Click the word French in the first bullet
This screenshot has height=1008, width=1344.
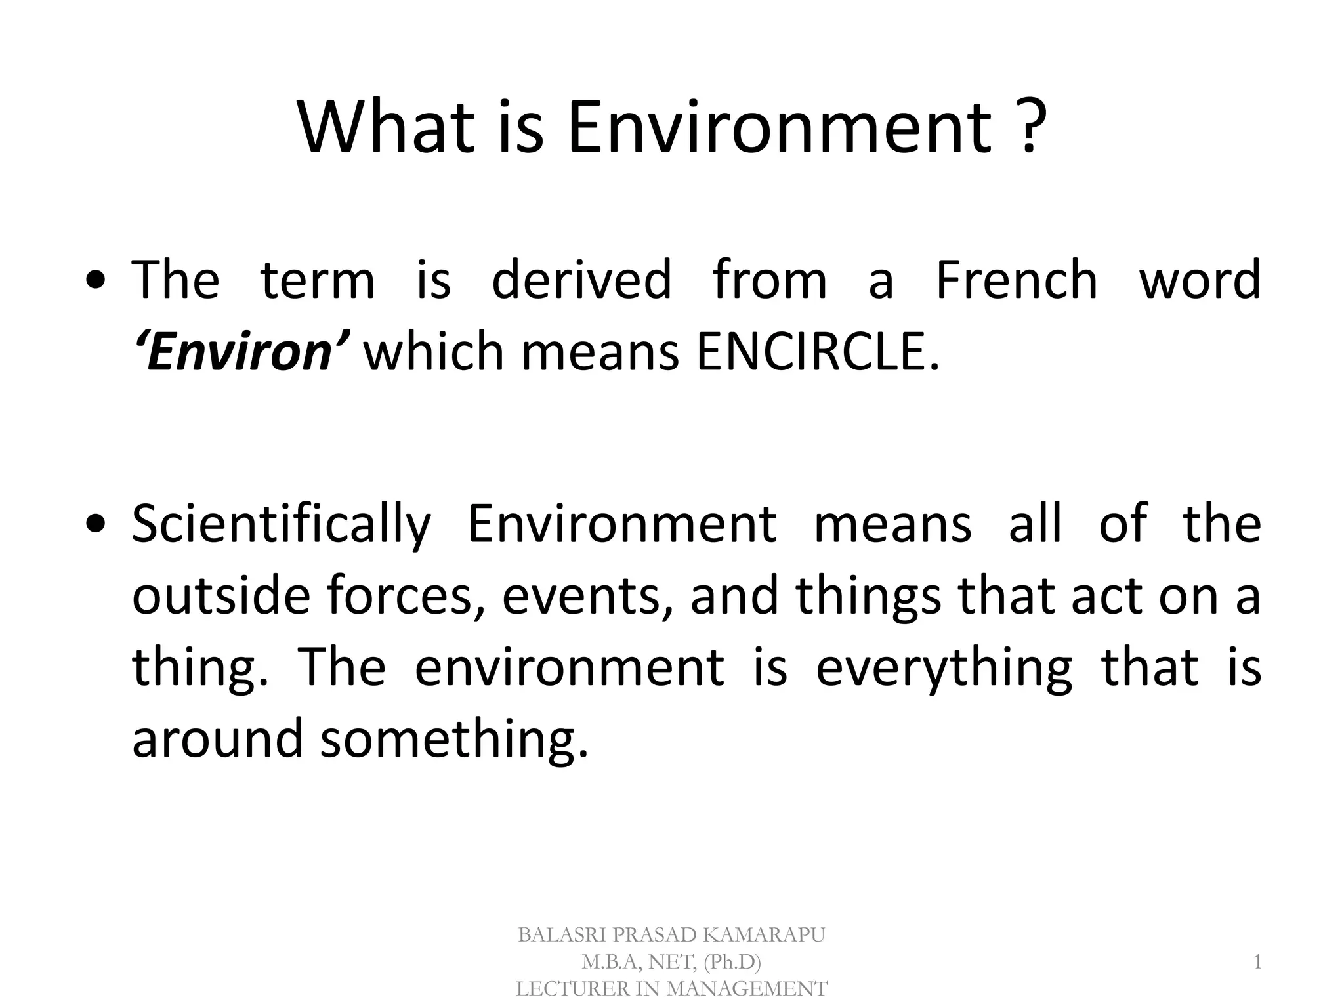click(x=1016, y=280)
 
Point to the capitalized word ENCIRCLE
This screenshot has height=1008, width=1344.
click(x=817, y=352)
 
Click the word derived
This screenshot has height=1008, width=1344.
click(x=581, y=280)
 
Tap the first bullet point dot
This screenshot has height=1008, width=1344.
click(x=96, y=282)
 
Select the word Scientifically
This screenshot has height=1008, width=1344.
click(x=281, y=525)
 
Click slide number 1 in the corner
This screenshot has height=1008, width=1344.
click(x=1257, y=962)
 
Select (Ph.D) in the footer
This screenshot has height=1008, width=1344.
click(x=732, y=962)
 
